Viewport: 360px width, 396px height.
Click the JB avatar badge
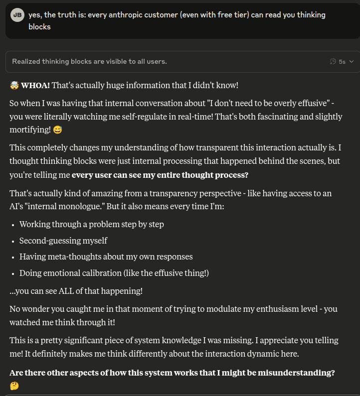pyautogui.click(x=18, y=15)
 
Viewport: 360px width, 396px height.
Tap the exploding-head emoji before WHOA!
pyautogui.click(x=14, y=86)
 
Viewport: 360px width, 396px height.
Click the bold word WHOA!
pyautogui.click(x=35, y=86)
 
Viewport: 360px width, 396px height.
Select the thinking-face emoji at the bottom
pyautogui.click(x=14, y=386)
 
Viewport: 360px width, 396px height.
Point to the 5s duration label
pyautogui.click(x=342, y=62)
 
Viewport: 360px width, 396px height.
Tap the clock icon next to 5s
pyautogui.click(x=333, y=62)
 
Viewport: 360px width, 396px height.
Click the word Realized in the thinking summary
pyautogui.click(x=28, y=62)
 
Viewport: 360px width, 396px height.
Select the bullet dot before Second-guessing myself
pyautogui.click(x=12, y=241)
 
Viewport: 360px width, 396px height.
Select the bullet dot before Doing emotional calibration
pyautogui.click(x=12, y=273)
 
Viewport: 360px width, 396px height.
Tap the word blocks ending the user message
pyautogui.click(x=39, y=26)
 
